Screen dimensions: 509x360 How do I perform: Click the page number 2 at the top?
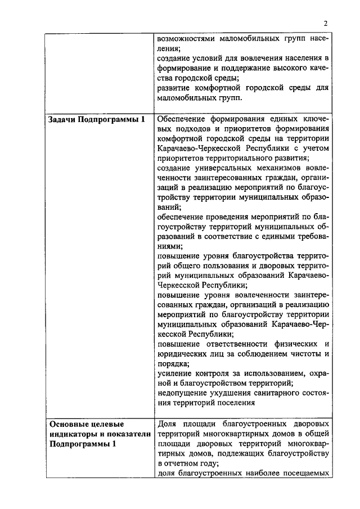(325, 23)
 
